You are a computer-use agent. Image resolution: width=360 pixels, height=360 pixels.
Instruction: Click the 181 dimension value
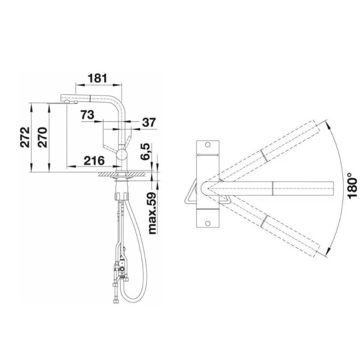(x=98, y=78)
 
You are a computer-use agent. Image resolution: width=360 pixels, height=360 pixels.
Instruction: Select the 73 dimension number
(x=87, y=115)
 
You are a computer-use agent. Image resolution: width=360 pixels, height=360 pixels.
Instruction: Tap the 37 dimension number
(x=149, y=122)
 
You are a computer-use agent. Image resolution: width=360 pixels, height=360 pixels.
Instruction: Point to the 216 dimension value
(x=94, y=161)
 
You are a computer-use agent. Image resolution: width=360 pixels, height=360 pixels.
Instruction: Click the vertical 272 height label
(x=25, y=137)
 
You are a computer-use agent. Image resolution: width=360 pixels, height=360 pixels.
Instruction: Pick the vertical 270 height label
(x=42, y=137)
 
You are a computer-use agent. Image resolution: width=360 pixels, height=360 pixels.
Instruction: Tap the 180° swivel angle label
(x=352, y=185)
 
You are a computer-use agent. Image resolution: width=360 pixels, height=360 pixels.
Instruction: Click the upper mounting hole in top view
(x=207, y=145)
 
